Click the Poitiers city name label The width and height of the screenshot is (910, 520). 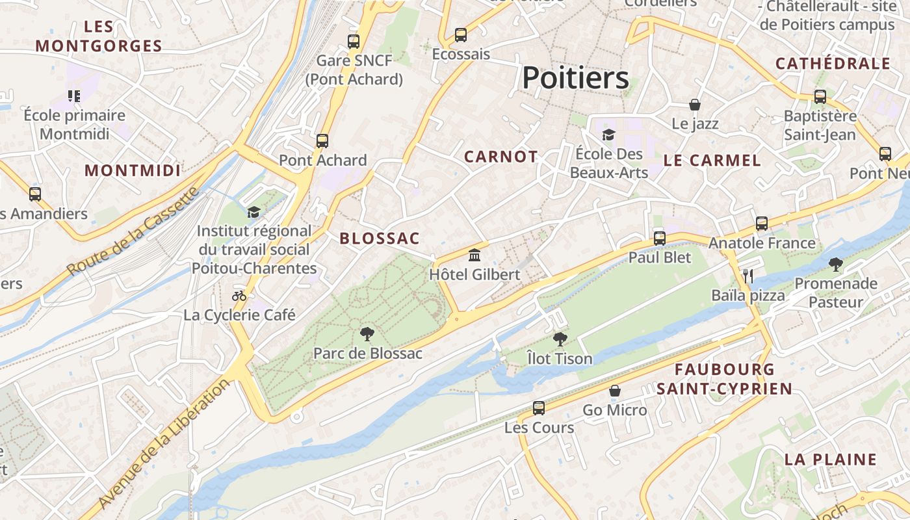point(575,78)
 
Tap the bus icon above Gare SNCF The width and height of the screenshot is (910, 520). point(354,42)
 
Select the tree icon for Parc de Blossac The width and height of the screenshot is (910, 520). point(367,334)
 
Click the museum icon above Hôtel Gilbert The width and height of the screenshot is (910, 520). point(474,255)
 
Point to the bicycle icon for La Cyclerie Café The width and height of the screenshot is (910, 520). point(239,296)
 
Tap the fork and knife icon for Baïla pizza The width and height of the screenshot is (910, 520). point(748,276)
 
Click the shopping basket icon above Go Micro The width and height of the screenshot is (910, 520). point(615,391)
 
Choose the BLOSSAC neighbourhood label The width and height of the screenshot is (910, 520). point(380,239)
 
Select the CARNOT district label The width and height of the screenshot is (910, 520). point(500,157)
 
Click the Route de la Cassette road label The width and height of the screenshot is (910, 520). point(133,232)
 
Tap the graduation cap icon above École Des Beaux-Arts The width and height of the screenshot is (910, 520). point(608,135)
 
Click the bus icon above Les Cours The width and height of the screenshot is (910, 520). point(539,408)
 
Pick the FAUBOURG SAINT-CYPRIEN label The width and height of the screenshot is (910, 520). point(724,379)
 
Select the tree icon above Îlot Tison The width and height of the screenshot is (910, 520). point(560,339)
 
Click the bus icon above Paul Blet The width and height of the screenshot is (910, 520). point(660,238)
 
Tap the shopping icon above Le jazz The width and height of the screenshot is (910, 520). point(695,105)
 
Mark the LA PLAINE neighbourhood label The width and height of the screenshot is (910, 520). point(831,459)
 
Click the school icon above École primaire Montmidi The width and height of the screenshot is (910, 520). point(74,96)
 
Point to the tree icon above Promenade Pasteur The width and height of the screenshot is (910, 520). point(836,265)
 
